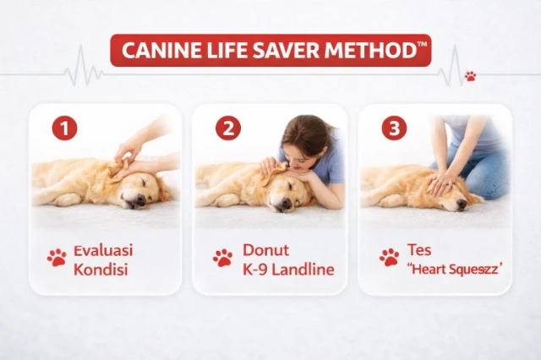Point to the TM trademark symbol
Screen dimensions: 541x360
[422, 44]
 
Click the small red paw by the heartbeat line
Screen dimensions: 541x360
[470, 76]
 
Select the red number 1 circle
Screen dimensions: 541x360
[64, 128]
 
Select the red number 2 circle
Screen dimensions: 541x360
[228, 128]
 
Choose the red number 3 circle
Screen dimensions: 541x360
[394, 128]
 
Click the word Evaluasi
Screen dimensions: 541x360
[103, 250]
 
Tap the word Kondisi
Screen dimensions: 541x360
[101, 270]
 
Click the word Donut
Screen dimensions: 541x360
[265, 250]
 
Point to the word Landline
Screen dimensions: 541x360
[303, 270]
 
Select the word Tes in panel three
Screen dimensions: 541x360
[419, 249]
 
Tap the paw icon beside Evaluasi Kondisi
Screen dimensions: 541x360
[57, 258]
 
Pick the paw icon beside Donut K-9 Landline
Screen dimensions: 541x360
[223, 258]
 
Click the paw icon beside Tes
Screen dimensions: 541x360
[389, 258]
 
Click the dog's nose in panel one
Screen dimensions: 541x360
[140, 199]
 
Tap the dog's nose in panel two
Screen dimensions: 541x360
[287, 203]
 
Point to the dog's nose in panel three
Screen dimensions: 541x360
[462, 205]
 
